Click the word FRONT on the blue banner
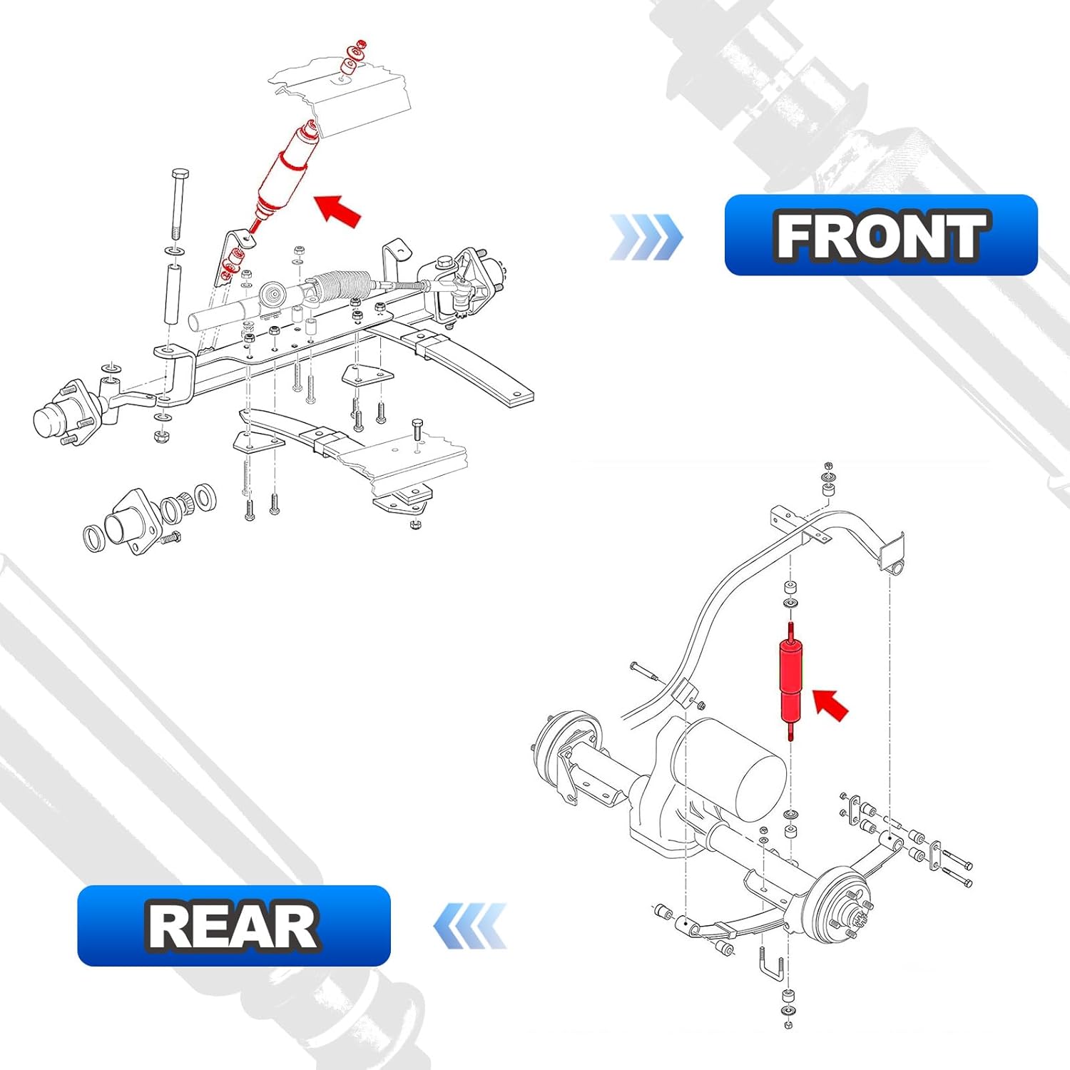881,235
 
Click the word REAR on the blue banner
233,926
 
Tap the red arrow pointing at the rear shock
830,705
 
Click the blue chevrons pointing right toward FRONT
646,237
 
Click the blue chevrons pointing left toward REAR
471,926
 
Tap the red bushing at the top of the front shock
350,67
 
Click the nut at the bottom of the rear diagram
788,1025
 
